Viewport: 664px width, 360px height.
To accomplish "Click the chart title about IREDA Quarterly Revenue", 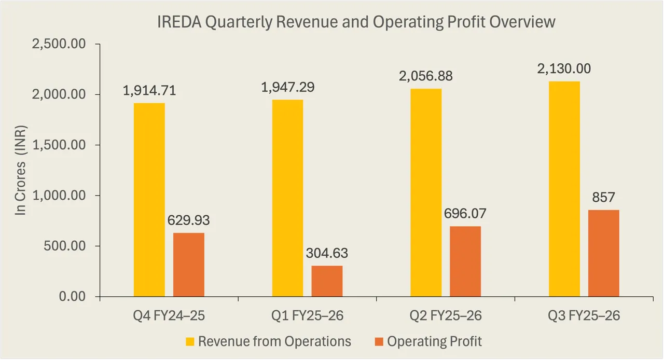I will click(x=356, y=22).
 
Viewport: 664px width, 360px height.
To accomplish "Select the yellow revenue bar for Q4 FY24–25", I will click(x=149, y=200).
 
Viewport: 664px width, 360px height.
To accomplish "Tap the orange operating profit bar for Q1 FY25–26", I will click(x=327, y=281).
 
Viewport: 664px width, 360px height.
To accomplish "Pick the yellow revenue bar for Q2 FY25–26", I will click(x=426, y=192).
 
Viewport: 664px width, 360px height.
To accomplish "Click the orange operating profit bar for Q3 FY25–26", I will click(x=603, y=253).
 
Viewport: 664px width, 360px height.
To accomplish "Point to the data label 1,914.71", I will click(x=149, y=91).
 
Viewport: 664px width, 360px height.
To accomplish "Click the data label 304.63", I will click(x=327, y=254).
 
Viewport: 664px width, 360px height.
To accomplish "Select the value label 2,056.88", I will click(x=426, y=76).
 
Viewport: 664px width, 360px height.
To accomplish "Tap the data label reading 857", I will click(x=603, y=198).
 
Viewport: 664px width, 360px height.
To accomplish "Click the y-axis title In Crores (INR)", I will click(x=20, y=171).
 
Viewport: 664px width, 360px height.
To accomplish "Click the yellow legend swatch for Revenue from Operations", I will click(x=189, y=342).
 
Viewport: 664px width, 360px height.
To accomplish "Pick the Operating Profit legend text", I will click(x=435, y=342).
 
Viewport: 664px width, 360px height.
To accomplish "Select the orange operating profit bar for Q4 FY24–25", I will click(x=189, y=265).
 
